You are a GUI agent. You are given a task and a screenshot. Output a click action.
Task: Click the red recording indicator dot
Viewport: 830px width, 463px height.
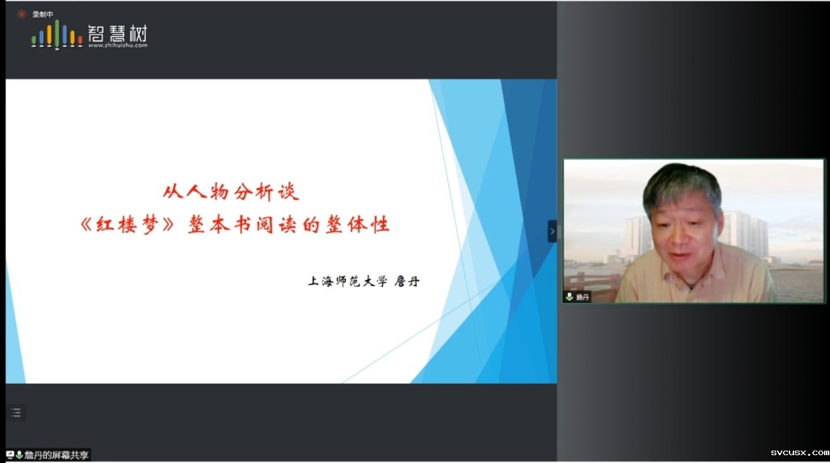point(22,14)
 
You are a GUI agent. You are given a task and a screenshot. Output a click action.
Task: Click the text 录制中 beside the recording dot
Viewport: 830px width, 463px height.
point(42,14)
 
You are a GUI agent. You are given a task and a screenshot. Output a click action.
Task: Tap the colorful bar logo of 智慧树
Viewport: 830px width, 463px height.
point(57,35)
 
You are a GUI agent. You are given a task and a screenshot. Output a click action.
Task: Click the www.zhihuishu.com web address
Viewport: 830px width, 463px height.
point(118,45)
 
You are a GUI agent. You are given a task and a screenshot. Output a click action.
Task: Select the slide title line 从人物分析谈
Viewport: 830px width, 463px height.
point(231,192)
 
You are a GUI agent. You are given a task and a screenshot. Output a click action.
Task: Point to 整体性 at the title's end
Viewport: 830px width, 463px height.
point(358,225)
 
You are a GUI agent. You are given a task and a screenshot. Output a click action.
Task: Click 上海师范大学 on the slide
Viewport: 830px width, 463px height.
point(347,281)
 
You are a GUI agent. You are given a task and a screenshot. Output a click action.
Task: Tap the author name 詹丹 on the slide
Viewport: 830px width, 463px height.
point(407,281)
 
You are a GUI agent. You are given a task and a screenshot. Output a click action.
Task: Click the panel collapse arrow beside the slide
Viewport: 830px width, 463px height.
point(552,231)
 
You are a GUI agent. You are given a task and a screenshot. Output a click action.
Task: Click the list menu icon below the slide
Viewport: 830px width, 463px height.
point(16,413)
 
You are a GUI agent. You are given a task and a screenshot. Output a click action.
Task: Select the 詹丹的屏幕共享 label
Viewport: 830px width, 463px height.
point(56,455)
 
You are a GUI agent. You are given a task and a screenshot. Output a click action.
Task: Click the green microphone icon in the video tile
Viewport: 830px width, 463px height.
point(569,296)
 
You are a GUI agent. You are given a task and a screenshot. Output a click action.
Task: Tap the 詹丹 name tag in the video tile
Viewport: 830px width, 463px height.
point(583,297)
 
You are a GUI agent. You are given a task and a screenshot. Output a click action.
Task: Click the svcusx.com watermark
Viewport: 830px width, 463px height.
point(799,453)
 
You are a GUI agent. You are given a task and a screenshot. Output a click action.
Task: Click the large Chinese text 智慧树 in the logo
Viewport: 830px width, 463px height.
point(118,33)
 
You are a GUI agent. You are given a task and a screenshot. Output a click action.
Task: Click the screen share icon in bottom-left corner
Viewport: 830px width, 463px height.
point(10,455)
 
